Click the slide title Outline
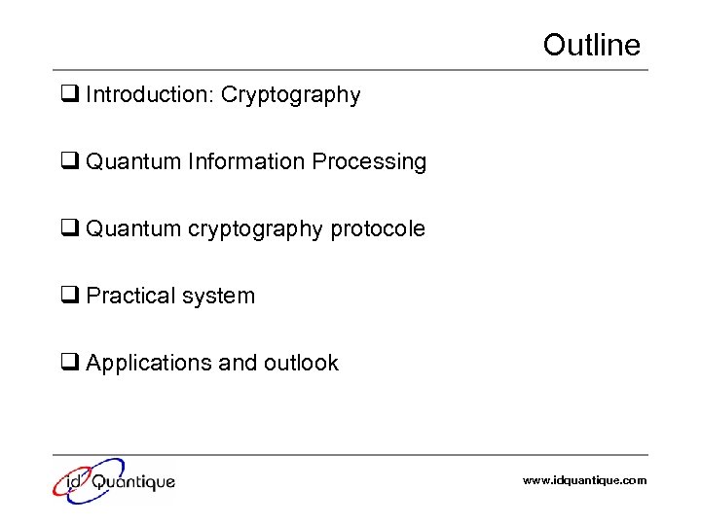(591, 45)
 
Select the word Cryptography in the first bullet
(291, 95)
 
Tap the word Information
(247, 161)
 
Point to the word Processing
(370, 161)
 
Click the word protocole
(378, 229)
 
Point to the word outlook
(300, 363)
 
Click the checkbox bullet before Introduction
(70, 95)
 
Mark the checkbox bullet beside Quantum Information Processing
(70, 162)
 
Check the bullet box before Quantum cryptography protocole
(70, 229)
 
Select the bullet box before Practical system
(70, 297)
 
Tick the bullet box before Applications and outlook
(70, 364)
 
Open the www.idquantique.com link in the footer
(584, 480)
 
